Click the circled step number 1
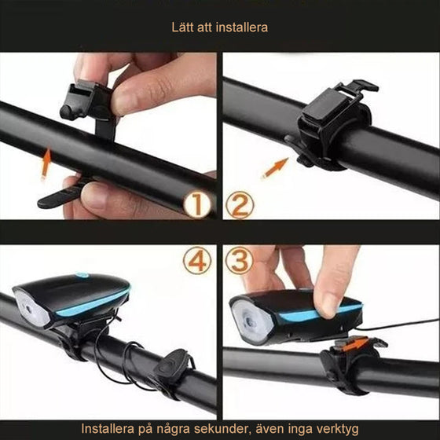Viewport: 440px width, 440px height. pos(196,205)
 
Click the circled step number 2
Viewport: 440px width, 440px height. pos(240,205)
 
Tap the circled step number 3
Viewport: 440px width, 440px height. pos(240,260)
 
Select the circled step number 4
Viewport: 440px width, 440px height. pos(196,260)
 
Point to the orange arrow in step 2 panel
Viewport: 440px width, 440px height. pos(274,167)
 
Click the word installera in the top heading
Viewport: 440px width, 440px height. pos(240,27)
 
